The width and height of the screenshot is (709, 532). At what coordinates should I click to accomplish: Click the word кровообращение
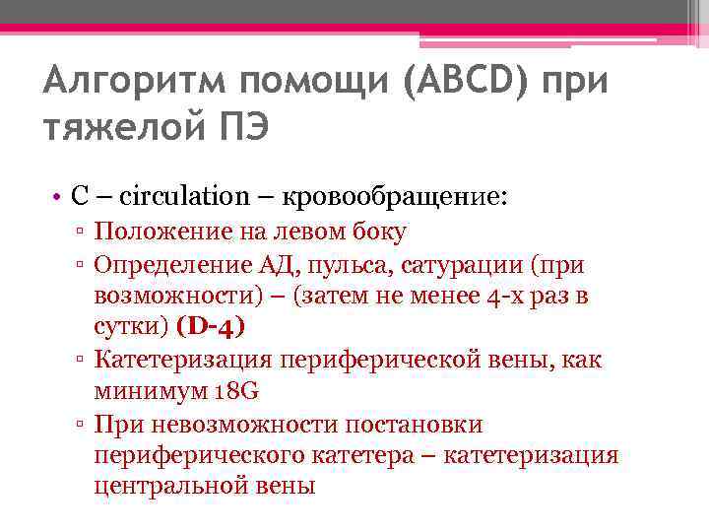[x=393, y=196]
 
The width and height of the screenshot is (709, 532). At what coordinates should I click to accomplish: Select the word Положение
[x=158, y=233]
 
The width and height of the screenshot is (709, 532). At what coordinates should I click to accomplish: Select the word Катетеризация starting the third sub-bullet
[x=173, y=359]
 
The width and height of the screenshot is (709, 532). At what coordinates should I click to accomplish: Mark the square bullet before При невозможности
[x=84, y=424]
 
